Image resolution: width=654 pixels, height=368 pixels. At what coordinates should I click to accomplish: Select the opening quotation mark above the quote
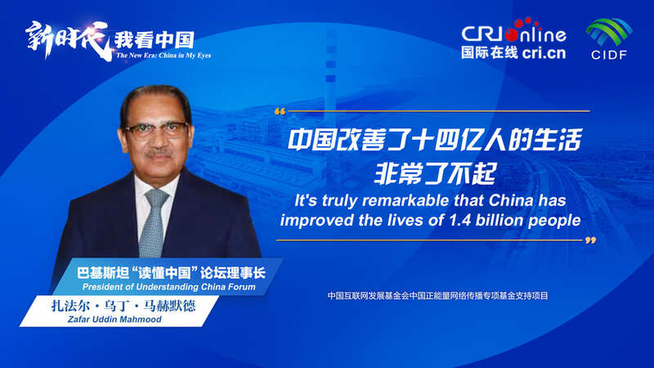click(x=280, y=110)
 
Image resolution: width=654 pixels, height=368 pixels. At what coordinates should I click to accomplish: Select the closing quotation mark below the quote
click(x=590, y=241)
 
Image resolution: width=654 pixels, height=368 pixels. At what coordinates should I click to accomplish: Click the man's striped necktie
click(x=153, y=221)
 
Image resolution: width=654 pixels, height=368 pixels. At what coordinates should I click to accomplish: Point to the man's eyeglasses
click(x=155, y=129)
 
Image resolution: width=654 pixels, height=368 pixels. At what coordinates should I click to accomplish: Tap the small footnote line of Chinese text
click(x=437, y=295)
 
